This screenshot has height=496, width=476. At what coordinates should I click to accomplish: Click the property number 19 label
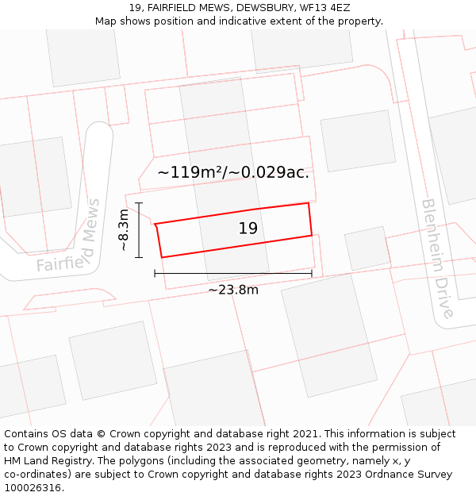(x=248, y=229)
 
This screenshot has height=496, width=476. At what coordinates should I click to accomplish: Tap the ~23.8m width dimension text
(x=233, y=290)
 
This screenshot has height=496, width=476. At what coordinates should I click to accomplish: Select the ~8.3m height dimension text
(x=124, y=230)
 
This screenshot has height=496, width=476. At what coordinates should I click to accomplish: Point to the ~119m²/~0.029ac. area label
(x=233, y=171)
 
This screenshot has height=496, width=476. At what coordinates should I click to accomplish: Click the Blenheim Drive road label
(x=438, y=258)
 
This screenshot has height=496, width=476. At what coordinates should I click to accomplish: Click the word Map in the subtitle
(x=106, y=21)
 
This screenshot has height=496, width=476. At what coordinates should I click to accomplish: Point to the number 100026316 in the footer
(x=33, y=487)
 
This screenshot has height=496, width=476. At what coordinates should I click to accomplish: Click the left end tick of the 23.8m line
(x=155, y=273)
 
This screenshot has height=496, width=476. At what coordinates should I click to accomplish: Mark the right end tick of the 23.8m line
(x=312, y=273)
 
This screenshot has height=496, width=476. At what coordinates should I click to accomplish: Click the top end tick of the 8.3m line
(x=139, y=203)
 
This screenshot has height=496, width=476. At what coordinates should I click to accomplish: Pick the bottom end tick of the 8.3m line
(x=139, y=257)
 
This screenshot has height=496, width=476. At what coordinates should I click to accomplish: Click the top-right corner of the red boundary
(x=308, y=203)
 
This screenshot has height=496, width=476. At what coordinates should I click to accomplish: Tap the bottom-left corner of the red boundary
(x=162, y=257)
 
